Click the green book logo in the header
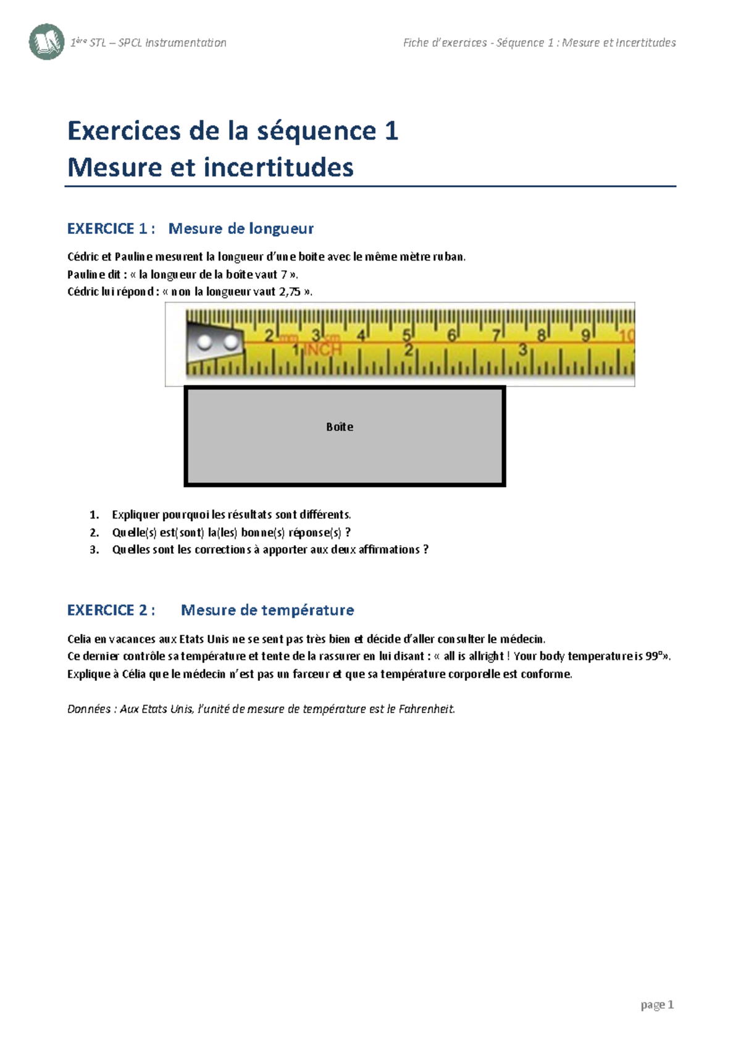point(46,42)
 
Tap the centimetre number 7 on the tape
point(495,336)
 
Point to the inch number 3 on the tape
point(522,350)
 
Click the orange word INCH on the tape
point(323,349)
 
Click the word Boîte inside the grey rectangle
point(340,427)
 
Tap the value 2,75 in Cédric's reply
point(290,292)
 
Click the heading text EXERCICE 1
point(107,229)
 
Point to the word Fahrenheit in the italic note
point(426,709)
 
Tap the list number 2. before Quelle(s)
point(94,533)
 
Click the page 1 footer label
point(657,1005)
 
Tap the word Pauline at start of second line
point(86,275)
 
